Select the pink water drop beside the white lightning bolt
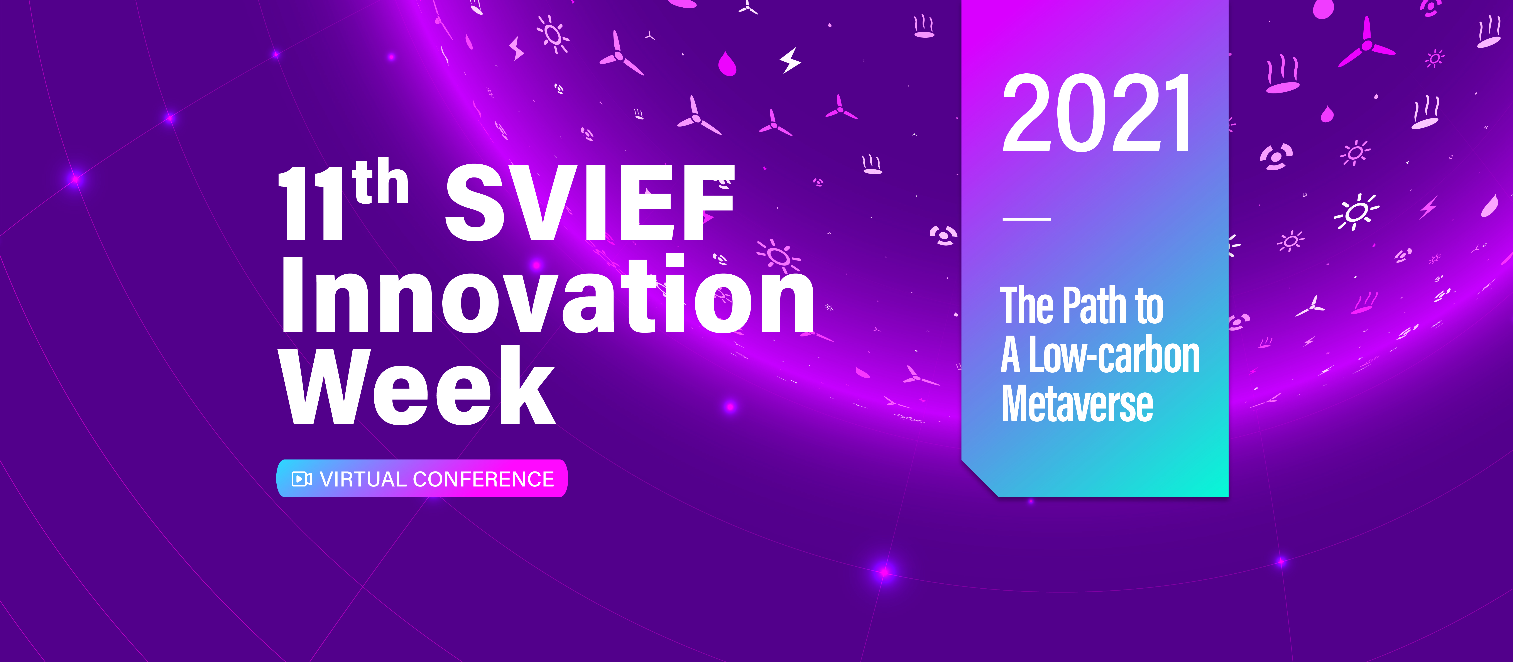click(727, 63)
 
